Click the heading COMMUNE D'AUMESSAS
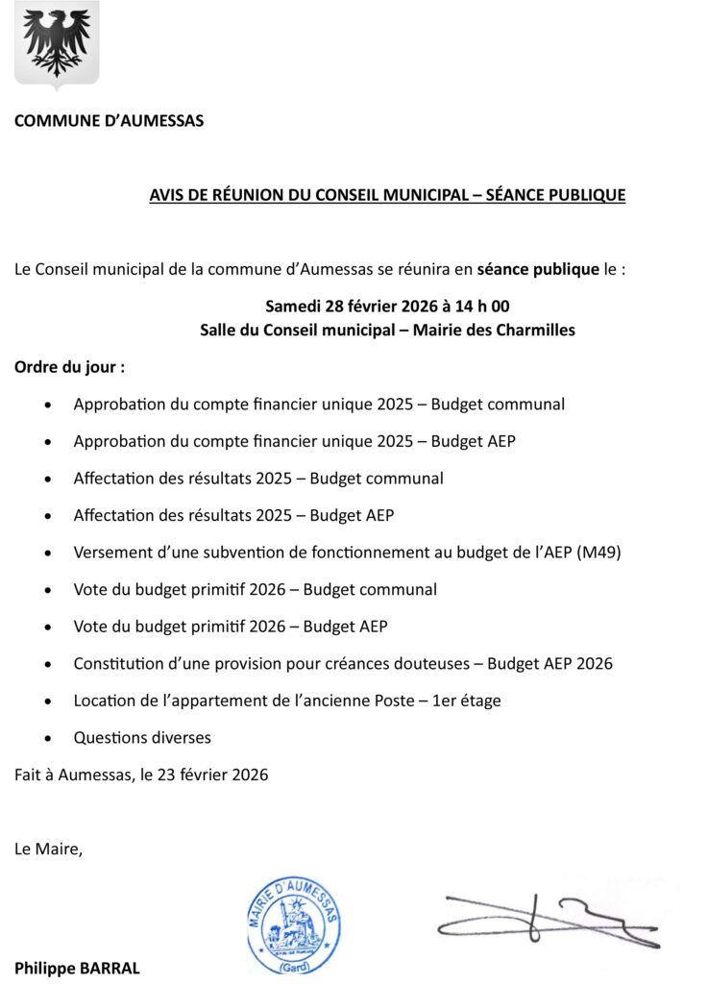(x=109, y=121)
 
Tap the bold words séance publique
(x=538, y=270)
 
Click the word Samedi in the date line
(x=294, y=307)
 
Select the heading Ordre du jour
(x=69, y=367)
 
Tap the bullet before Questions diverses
(x=49, y=739)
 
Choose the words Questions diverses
(x=142, y=738)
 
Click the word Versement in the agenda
(x=111, y=553)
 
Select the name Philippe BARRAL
(x=77, y=968)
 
